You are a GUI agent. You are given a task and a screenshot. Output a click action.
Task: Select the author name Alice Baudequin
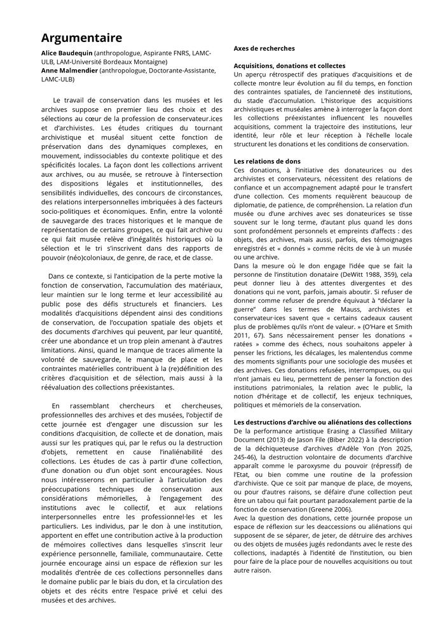point(67,53)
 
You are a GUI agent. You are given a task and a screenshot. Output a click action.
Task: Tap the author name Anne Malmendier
point(70,71)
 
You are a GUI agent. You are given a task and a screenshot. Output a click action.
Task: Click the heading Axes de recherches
point(264,48)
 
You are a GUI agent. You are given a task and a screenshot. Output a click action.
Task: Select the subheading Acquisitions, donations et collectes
point(289,66)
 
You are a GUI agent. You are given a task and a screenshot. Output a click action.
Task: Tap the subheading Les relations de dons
point(267,162)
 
